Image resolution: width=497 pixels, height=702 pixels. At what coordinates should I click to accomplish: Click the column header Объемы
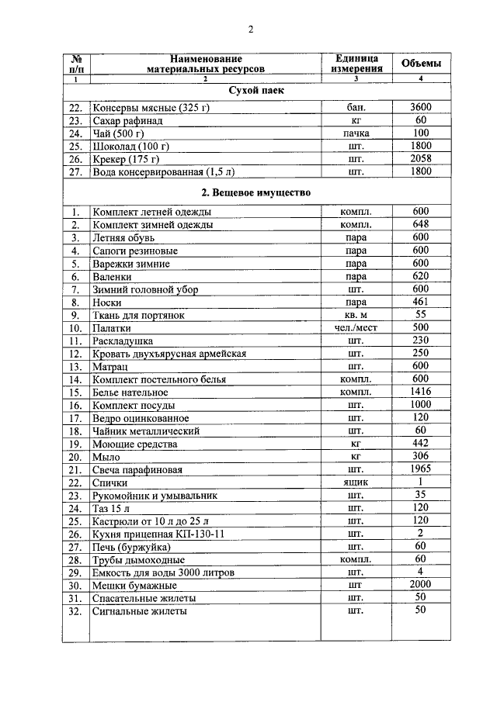[x=422, y=63]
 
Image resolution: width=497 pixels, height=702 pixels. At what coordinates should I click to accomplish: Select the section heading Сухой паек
[x=256, y=92]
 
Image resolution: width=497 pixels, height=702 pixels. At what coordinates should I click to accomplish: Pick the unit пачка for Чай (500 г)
[x=356, y=133]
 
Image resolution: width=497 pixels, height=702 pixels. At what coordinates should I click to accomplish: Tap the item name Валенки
[x=113, y=276]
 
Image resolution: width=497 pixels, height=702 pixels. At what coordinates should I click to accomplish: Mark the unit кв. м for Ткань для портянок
[x=356, y=315]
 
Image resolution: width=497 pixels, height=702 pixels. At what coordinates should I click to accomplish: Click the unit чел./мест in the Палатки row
[x=356, y=328]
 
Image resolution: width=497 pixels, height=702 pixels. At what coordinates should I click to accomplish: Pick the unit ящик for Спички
[x=356, y=482]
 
